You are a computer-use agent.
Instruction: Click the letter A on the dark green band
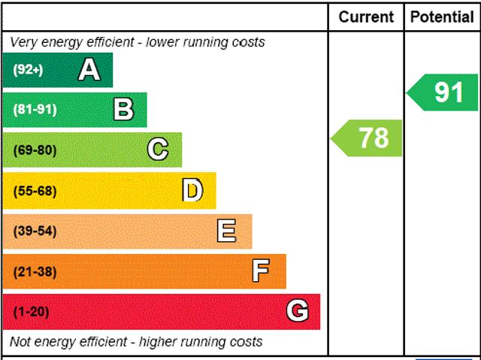pos(89,70)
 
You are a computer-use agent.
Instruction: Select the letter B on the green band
pos(123,110)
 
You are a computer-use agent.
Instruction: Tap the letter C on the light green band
pos(157,150)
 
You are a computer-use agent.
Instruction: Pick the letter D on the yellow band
pos(192,190)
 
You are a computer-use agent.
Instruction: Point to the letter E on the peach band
pos(226,231)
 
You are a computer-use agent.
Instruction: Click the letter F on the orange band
pos(260,271)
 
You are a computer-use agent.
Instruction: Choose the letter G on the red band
pos(298,311)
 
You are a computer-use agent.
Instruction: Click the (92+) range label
pos(29,70)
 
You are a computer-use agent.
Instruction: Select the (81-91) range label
pos(35,110)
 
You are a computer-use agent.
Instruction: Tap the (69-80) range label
pos(35,150)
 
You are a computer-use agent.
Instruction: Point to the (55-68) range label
pos(35,190)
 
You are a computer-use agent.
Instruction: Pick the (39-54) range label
pos(35,231)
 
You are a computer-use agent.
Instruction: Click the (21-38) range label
pos(35,271)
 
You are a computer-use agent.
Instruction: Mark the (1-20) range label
pos(31,311)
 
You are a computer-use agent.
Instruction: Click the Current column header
pos(366,17)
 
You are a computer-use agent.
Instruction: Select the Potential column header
pos(442,17)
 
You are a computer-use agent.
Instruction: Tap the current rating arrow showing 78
pos(368,138)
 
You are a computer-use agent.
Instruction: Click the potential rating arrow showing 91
pos(443,92)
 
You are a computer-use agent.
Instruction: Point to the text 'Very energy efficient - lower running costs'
pos(138,42)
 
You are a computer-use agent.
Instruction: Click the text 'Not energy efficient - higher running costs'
pos(136,342)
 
